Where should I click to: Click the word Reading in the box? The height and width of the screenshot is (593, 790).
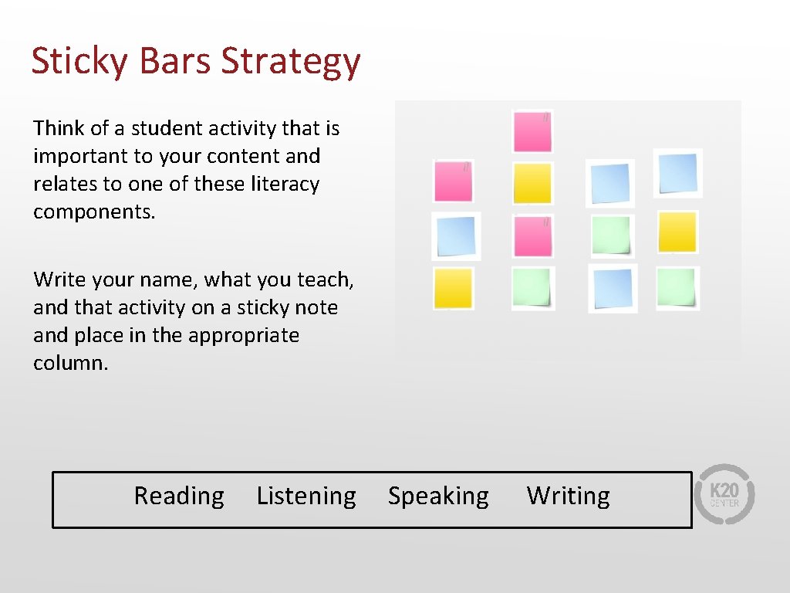(x=179, y=496)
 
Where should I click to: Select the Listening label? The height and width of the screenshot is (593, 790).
(x=306, y=496)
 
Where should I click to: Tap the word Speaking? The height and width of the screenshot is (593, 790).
(x=438, y=496)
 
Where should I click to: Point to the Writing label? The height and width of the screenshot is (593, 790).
(x=568, y=496)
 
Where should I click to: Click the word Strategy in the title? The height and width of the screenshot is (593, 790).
(x=291, y=62)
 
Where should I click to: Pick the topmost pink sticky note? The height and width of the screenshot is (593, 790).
(x=532, y=132)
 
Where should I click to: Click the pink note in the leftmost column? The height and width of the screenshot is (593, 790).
(x=453, y=181)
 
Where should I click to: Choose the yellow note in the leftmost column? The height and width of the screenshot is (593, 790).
(x=453, y=288)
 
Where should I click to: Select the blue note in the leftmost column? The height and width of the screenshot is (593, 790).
(x=455, y=236)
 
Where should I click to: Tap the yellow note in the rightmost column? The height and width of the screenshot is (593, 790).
(x=677, y=232)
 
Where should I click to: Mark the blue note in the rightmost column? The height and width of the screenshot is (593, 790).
(x=678, y=173)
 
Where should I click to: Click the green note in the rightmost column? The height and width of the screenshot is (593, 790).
(x=677, y=288)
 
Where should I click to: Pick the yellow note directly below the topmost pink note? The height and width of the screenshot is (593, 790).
(x=532, y=184)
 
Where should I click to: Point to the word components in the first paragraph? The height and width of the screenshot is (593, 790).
(x=93, y=212)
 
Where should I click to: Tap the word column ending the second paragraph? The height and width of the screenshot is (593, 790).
(x=69, y=363)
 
